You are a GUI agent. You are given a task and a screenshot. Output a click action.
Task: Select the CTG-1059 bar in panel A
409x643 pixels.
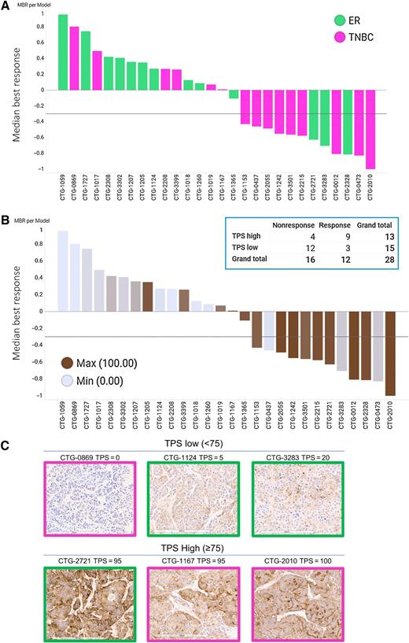[63, 52]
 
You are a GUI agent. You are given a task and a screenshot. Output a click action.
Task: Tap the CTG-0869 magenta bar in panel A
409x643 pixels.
[75, 58]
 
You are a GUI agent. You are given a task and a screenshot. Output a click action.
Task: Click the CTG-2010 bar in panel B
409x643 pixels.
[392, 353]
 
